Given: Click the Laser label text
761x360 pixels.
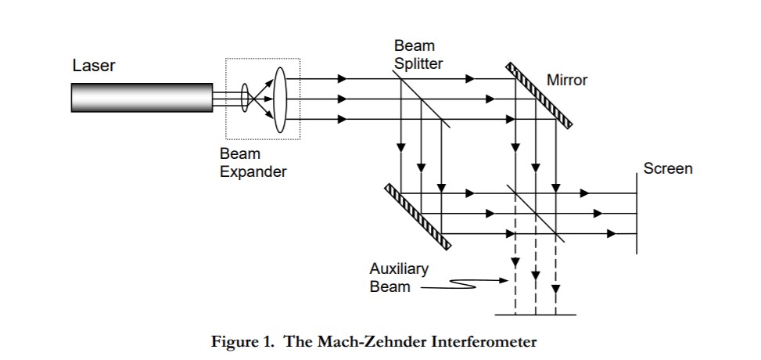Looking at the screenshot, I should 94,66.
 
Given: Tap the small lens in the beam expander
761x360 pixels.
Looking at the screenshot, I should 245,99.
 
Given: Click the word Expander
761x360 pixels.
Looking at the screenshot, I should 253,171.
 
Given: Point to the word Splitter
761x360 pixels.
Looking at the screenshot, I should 418,63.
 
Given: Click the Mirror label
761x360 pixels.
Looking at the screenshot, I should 567,81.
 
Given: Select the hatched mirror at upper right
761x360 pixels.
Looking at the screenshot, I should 540,95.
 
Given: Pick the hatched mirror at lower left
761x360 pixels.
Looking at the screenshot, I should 418,217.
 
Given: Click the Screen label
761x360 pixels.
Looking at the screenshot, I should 667,168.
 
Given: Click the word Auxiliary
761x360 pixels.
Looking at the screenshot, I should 399,269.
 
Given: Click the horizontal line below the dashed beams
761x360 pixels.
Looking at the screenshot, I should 536,315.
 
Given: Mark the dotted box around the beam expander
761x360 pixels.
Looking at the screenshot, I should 263,59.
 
